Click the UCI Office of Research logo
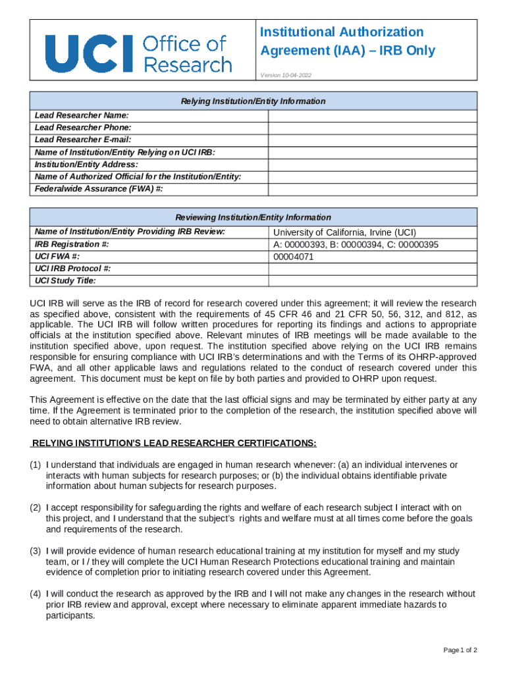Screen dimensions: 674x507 click(x=138, y=53)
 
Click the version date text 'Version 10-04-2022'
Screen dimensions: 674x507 click(x=286, y=76)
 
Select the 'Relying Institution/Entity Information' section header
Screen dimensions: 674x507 click(x=253, y=101)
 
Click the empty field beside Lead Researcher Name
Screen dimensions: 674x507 click(x=372, y=115)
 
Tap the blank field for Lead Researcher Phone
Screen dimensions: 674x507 click(x=372, y=128)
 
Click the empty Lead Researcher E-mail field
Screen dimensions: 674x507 click(x=372, y=140)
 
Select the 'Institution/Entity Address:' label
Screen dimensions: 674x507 click(x=86, y=165)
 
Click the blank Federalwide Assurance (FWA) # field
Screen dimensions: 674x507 click(x=372, y=190)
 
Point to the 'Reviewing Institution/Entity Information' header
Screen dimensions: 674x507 click(x=253, y=217)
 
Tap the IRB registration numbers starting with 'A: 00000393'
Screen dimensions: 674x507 click(x=356, y=245)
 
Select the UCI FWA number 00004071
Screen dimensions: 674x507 click(x=294, y=257)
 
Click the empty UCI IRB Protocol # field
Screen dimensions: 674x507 click(x=372, y=269)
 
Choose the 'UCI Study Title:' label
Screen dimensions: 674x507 click(x=65, y=281)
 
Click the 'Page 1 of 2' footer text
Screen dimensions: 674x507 click(x=460, y=651)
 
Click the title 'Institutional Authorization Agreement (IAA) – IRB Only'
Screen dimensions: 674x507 click(x=348, y=41)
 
